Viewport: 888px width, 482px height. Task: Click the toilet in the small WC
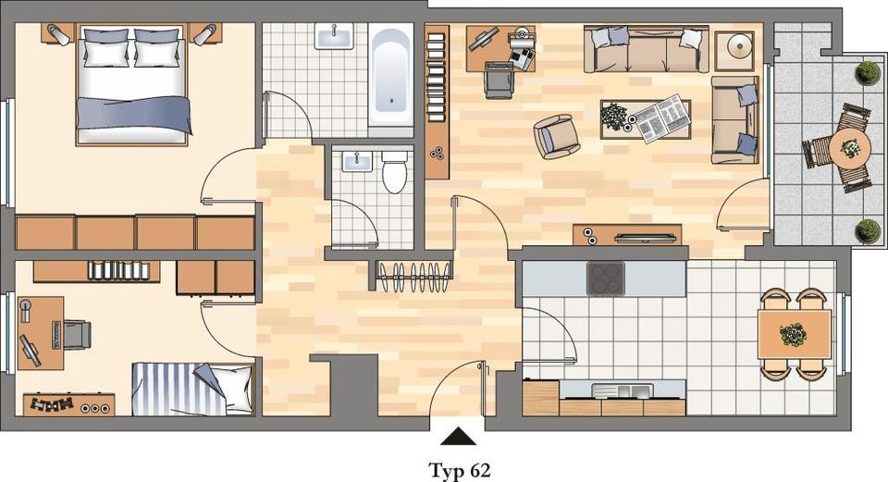[x=395, y=173]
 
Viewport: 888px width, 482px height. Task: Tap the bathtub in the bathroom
[x=390, y=81]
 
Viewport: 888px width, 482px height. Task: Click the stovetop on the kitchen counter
[x=605, y=278]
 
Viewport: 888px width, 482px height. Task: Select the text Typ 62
[x=459, y=469]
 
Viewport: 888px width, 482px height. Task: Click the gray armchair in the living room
[x=556, y=136]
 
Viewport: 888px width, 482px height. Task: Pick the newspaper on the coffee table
[x=660, y=117]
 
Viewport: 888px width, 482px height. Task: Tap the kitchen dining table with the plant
[x=794, y=334]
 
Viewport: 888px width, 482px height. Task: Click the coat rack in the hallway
[x=414, y=275]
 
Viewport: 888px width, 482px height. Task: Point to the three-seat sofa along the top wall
[x=646, y=50]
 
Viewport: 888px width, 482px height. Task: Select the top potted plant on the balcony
[x=868, y=72]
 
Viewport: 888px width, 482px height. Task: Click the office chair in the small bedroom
[x=73, y=333]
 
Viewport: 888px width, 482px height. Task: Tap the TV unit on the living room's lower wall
[x=626, y=235]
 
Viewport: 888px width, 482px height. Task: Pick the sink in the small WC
[x=356, y=163]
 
